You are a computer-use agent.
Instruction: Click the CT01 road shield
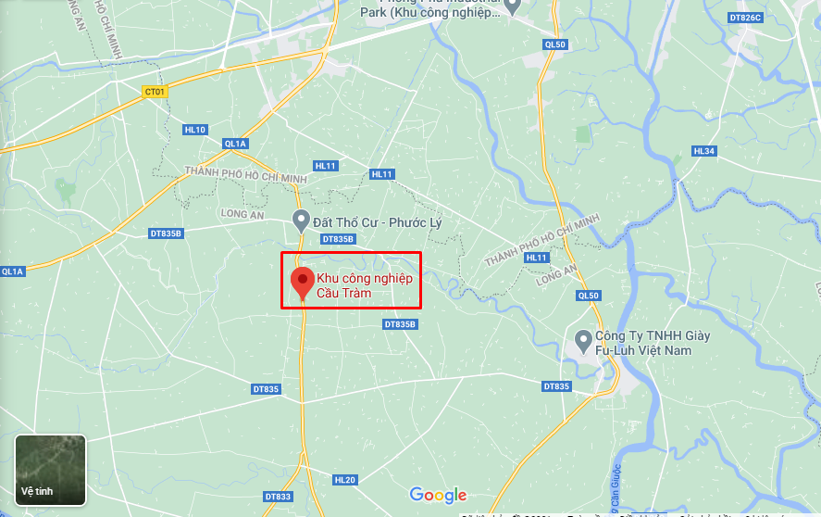pyautogui.click(x=155, y=91)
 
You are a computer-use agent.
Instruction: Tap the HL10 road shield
pyautogui.click(x=195, y=130)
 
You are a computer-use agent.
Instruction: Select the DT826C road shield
pyautogui.click(x=744, y=18)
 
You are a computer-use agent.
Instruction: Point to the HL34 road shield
pyautogui.click(x=704, y=151)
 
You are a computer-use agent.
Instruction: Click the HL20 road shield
pyautogui.click(x=345, y=479)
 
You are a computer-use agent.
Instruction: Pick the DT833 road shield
pyautogui.click(x=277, y=498)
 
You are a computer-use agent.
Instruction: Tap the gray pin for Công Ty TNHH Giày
pyautogui.click(x=583, y=340)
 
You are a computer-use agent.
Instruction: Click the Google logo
pyautogui.click(x=438, y=495)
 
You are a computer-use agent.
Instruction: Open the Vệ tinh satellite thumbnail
pyautogui.click(x=51, y=470)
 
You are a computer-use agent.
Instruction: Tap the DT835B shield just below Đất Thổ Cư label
pyautogui.click(x=338, y=239)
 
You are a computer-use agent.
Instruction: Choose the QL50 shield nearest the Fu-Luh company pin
pyautogui.click(x=588, y=296)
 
